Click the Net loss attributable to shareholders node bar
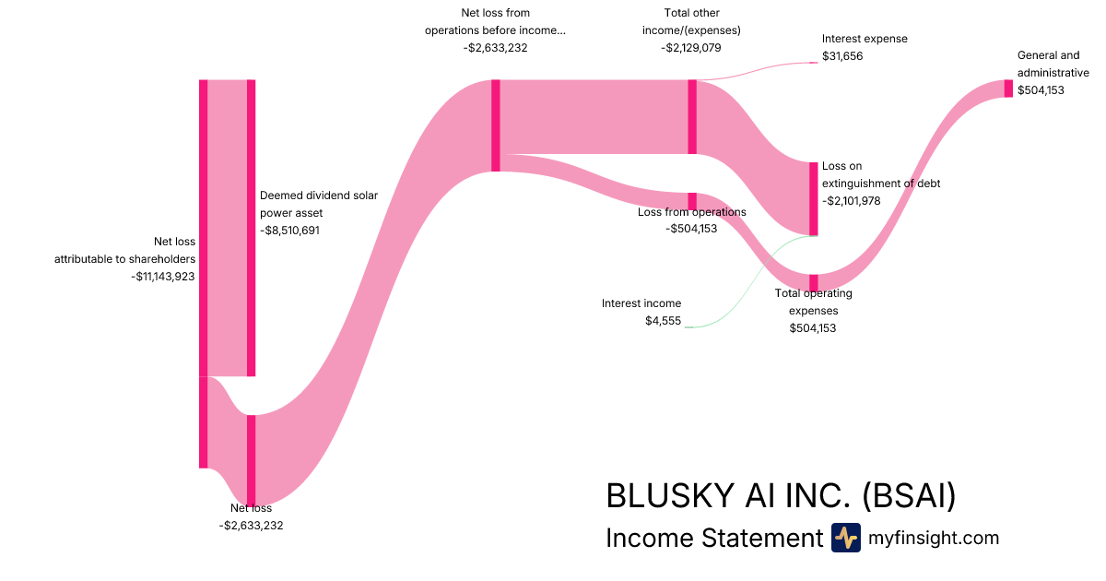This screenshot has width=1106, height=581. point(204,273)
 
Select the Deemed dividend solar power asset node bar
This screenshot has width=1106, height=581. point(251,228)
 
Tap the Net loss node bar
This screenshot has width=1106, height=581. point(251,460)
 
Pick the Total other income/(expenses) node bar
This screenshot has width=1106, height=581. point(692,117)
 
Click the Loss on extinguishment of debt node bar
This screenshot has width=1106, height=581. point(813,199)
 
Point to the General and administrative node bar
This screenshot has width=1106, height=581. point(1008,89)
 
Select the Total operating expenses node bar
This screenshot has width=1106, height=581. point(813,282)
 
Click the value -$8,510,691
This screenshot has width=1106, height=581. point(289,231)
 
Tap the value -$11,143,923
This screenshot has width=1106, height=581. point(163,276)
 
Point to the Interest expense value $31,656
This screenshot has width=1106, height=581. point(842,56)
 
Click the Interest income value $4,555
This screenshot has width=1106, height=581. point(664,320)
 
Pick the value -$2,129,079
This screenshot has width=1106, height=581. point(691,47)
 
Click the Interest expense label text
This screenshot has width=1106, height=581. point(865,39)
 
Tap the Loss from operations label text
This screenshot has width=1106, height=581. point(692,212)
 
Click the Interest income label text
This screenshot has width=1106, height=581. point(641,302)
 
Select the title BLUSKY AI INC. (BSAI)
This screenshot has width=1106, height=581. point(781,496)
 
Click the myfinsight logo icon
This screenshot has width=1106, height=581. point(846,538)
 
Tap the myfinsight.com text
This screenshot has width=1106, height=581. point(934,538)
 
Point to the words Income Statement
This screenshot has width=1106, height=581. point(713,538)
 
